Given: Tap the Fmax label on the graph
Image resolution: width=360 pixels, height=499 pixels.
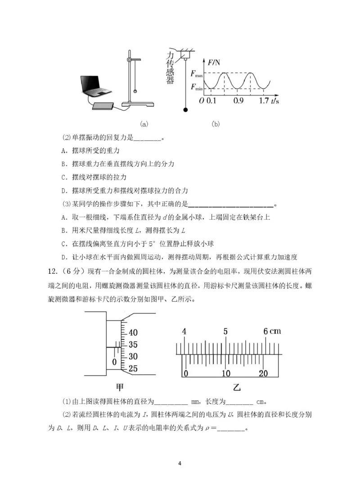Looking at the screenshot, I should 197,73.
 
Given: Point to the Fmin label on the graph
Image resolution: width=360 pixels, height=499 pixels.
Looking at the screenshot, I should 197,87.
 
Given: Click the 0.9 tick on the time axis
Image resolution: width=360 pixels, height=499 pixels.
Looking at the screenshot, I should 238,101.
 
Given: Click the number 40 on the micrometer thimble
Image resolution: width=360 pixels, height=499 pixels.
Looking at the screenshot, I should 133,333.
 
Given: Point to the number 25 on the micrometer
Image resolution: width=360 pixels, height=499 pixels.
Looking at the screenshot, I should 133,368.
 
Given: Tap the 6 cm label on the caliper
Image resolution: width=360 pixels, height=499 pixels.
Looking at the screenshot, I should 272,331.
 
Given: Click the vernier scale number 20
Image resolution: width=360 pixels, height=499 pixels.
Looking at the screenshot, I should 263,373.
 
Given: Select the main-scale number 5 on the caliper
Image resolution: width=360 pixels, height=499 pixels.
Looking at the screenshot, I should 225,331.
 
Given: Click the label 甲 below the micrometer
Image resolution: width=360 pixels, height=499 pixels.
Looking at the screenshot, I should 120,386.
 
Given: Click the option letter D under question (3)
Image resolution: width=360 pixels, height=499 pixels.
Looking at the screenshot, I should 63,257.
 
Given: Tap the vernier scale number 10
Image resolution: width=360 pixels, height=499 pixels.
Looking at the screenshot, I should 225,373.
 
